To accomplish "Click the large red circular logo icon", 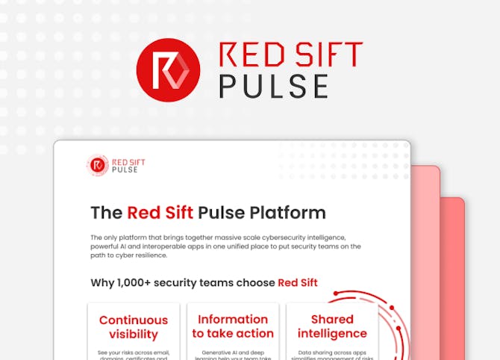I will [x=168, y=69].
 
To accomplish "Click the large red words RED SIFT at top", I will [x=290, y=56].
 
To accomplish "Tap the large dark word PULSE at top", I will [x=273, y=86].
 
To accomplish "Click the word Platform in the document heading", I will [x=287, y=212].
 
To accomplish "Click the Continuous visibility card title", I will [x=133, y=327].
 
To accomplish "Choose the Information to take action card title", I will [x=233, y=326].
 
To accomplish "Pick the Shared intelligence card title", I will [x=332, y=326].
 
